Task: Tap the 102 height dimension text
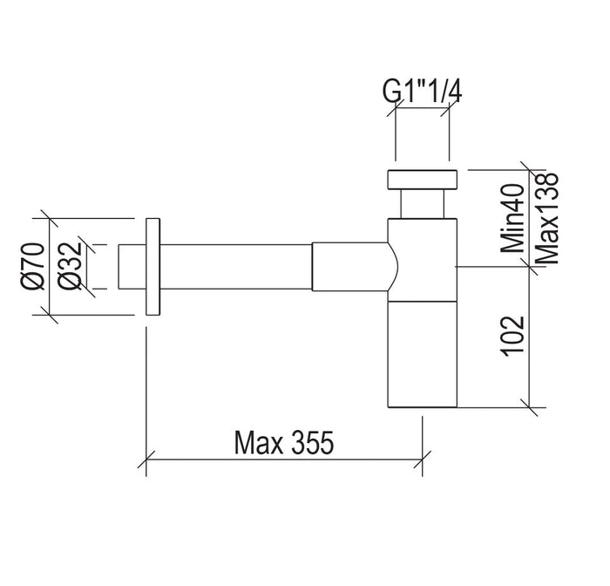(x=513, y=333)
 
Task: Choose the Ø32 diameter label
(x=72, y=267)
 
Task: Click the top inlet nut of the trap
(x=422, y=181)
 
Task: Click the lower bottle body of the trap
(x=422, y=353)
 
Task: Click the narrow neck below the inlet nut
(x=422, y=206)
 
